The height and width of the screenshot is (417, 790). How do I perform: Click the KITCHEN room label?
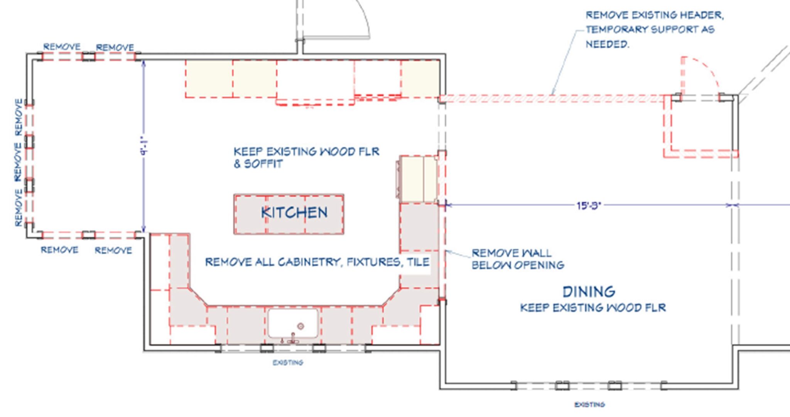(x=294, y=212)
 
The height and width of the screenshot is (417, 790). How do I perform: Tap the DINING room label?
(x=589, y=292)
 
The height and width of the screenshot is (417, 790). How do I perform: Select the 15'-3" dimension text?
(x=589, y=205)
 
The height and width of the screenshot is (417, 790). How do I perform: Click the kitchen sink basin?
(x=293, y=323)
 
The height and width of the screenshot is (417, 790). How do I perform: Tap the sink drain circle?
(x=301, y=326)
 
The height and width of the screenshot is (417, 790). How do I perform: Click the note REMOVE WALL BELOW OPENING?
(x=518, y=259)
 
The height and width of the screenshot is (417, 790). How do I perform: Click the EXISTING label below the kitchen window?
(x=288, y=363)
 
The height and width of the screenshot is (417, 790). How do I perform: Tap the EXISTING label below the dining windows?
(x=590, y=405)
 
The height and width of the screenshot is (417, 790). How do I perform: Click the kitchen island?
(x=289, y=214)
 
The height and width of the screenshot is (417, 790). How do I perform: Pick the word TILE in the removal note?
(x=418, y=262)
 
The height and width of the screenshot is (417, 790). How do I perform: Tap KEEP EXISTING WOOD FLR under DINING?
(x=593, y=308)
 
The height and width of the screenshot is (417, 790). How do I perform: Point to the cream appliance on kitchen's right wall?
(x=417, y=179)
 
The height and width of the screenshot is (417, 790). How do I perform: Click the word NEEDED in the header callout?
(x=607, y=44)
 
